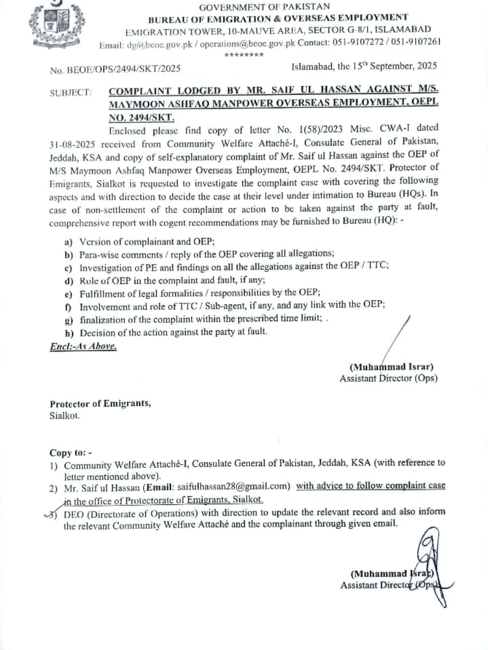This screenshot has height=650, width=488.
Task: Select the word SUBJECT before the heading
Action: [71, 93]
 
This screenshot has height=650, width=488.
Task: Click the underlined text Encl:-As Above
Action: [83, 346]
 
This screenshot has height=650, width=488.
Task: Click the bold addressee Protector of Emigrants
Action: [100, 404]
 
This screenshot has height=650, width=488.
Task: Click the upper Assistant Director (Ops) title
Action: [388, 378]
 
